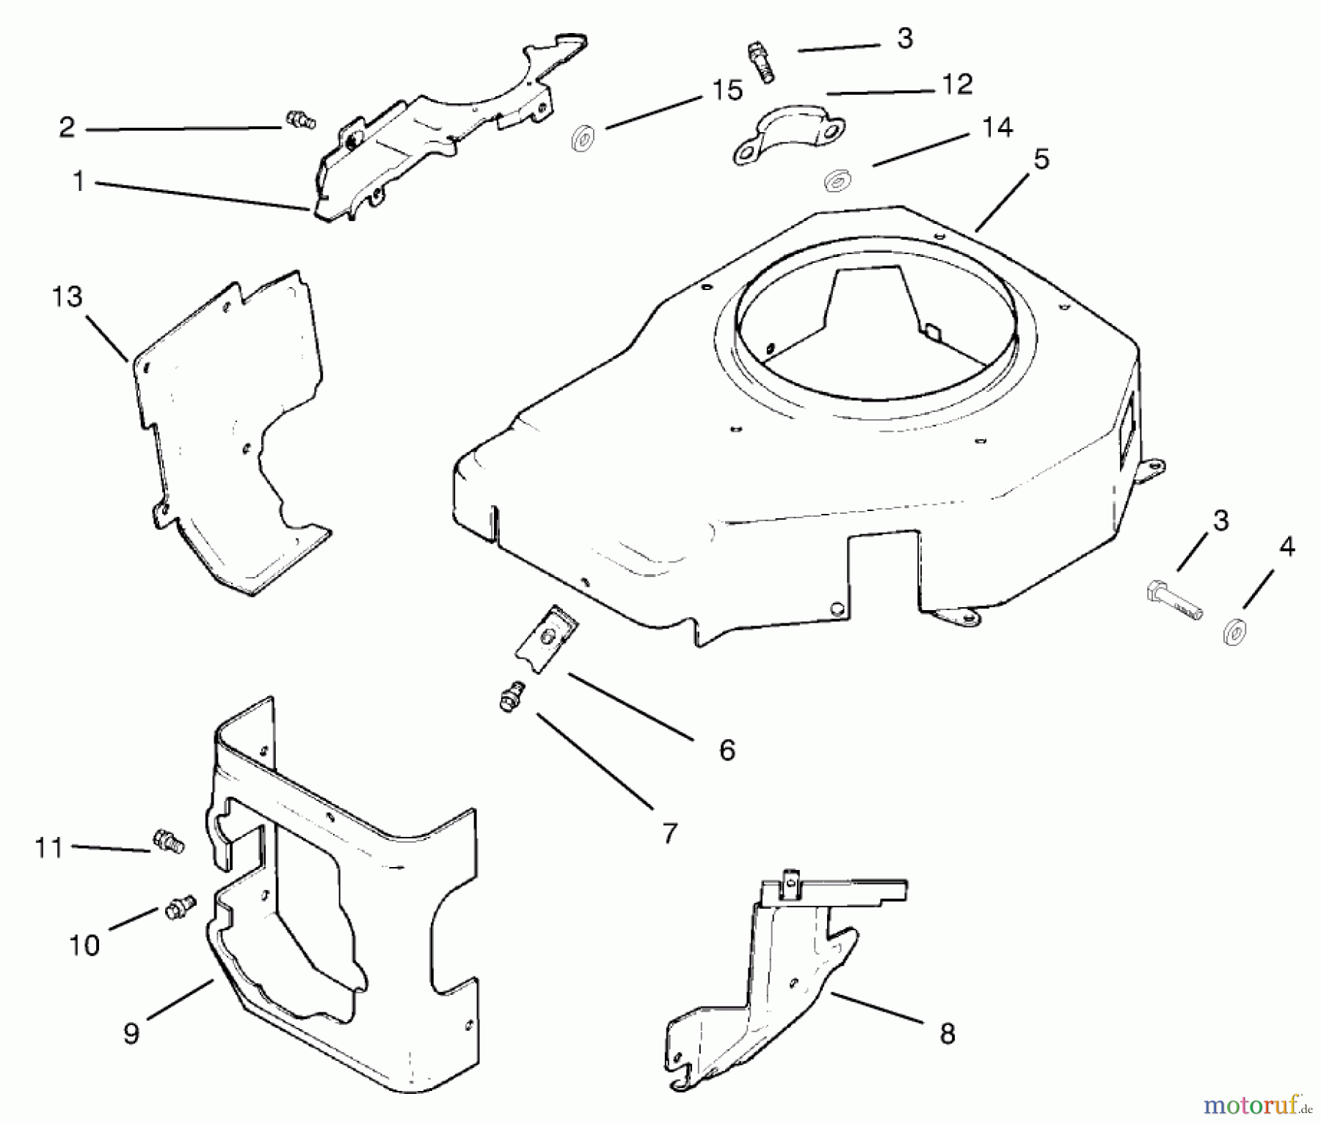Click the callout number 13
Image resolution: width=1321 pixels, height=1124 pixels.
(x=67, y=297)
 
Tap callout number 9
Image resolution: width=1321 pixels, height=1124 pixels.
(x=131, y=1034)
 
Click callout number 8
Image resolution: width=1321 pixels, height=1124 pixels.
(x=947, y=1034)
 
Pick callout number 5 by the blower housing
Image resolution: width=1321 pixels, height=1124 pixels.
(x=1041, y=159)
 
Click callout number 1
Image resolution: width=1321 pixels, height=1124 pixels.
(x=79, y=181)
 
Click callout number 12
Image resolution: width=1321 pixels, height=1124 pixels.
(x=956, y=84)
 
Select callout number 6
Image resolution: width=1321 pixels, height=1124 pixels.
(x=727, y=750)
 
